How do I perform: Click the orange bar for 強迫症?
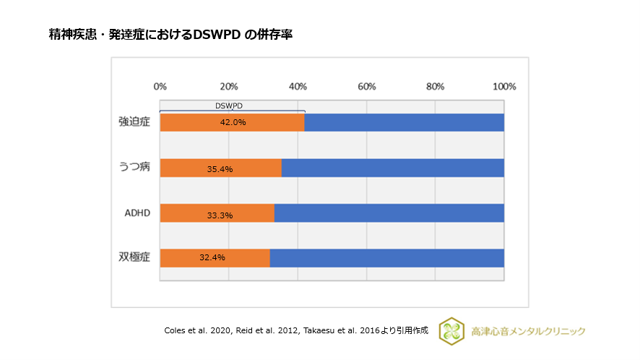(232, 122)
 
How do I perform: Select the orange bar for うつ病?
(220, 168)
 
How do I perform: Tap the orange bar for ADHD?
(217, 213)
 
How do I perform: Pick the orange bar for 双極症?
(215, 257)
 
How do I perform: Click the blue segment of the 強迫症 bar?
(405, 122)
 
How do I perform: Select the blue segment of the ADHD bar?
(389, 213)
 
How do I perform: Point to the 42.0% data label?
(233, 122)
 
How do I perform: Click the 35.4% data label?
(219, 168)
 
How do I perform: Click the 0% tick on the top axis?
(160, 87)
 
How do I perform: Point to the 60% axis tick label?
(366, 87)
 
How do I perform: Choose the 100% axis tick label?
(503, 87)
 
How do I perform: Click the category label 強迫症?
(134, 121)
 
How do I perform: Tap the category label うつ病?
(134, 167)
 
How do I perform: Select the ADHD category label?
(135, 213)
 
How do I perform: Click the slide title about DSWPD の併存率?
(170, 35)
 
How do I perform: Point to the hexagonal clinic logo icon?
(451, 330)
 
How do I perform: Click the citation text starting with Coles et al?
(296, 330)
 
